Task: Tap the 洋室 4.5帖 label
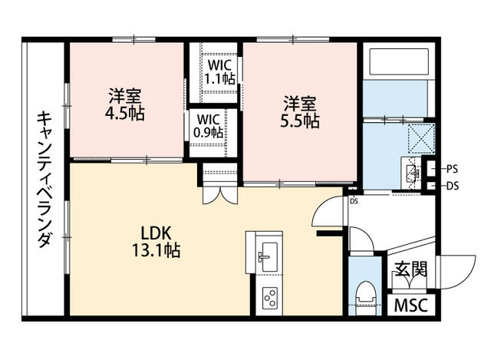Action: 125,105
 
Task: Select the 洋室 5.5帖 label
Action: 300,112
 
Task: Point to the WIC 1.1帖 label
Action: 218,71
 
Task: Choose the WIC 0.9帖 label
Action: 209,125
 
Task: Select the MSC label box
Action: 412,305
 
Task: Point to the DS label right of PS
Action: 453,185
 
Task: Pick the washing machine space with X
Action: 420,137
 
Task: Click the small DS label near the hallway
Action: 354,201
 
